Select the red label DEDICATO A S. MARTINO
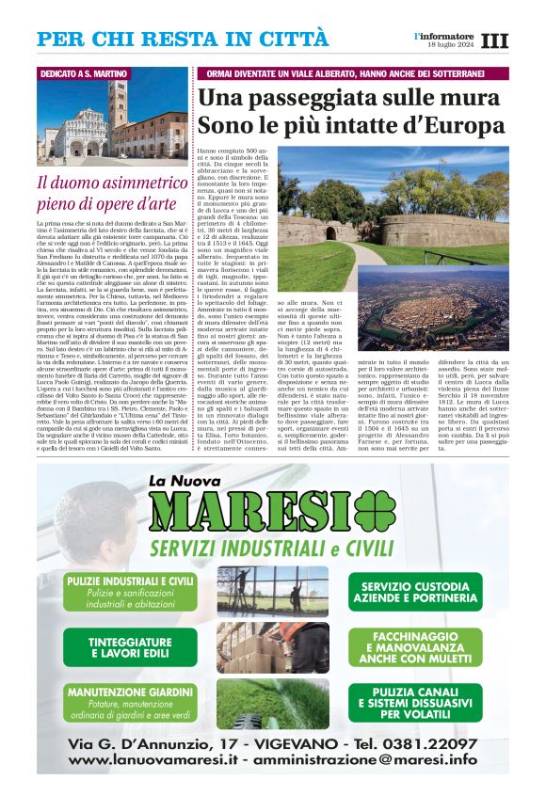[x=84, y=73]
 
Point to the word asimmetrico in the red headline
[x=132, y=183]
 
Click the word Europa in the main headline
[x=458, y=125]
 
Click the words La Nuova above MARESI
[x=187, y=482]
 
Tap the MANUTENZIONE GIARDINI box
[x=130, y=704]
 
